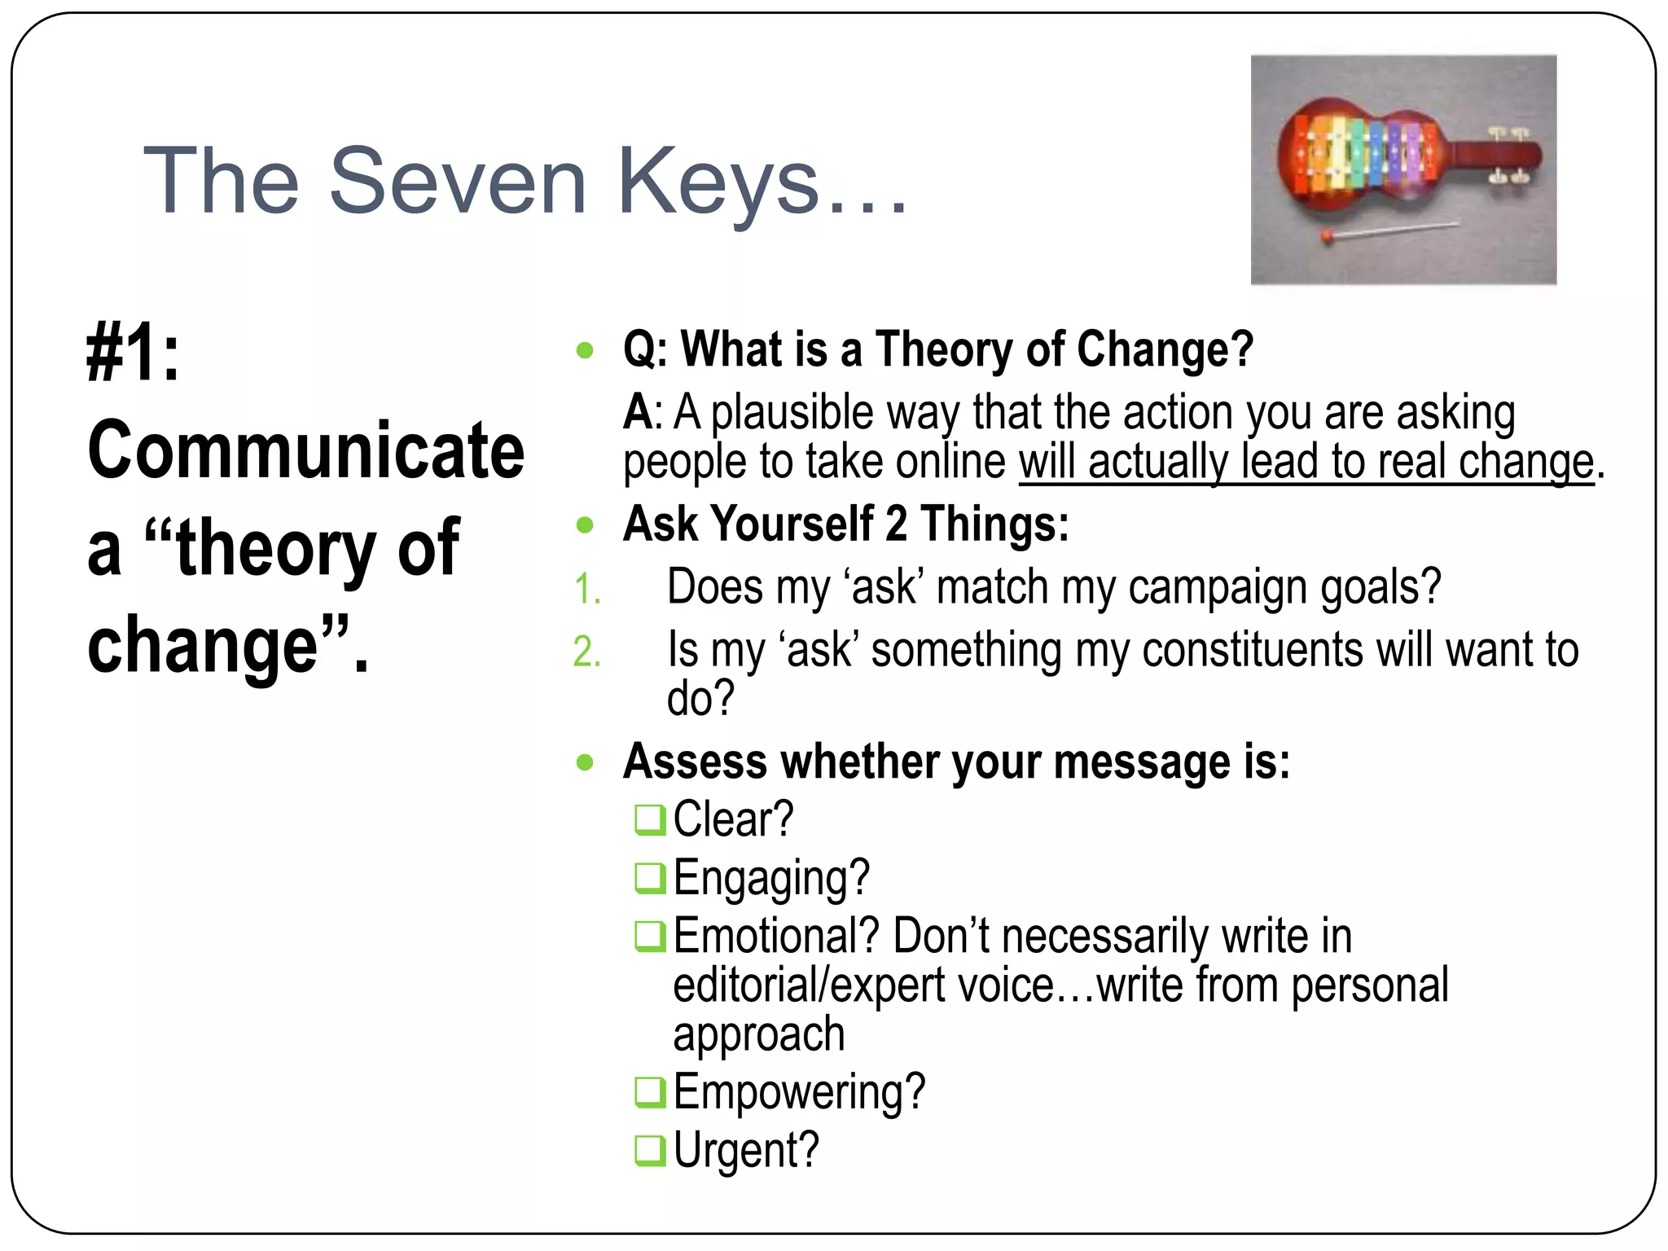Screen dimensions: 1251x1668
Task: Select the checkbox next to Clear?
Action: [649, 820]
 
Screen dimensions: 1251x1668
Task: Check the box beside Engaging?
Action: [649, 878]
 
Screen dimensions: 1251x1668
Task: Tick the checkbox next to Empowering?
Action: [649, 1092]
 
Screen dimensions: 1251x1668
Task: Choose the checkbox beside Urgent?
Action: [649, 1150]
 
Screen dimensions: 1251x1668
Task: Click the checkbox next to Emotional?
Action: [649, 936]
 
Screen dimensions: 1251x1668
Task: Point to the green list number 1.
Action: [586, 589]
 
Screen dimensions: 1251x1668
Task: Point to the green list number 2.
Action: [586, 652]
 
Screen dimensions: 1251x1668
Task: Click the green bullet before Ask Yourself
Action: [585, 525]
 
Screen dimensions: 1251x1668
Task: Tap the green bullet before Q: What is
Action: [585, 351]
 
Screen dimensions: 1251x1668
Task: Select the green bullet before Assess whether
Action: [585, 763]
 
